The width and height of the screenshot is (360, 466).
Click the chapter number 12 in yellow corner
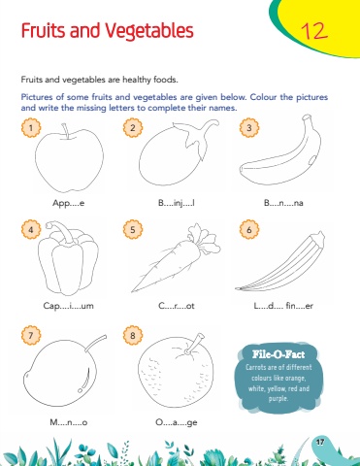[x=314, y=31]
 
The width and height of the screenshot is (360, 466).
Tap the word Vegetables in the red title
[x=149, y=31]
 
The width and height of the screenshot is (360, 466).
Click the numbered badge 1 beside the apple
[x=31, y=127]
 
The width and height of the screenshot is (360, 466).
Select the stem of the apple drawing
[x=66, y=131]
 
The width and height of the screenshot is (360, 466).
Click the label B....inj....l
[x=177, y=203]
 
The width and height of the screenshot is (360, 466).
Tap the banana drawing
[x=280, y=152]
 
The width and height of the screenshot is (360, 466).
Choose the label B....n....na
[x=283, y=203]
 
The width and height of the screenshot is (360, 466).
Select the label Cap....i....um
[x=68, y=306]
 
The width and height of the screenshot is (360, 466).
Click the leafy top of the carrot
[x=203, y=239]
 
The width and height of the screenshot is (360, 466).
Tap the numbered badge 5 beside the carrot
[x=133, y=229]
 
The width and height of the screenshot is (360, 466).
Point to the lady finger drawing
[x=280, y=261]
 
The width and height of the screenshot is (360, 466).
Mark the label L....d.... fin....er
[x=283, y=306]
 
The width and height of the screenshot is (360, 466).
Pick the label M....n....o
[x=69, y=422]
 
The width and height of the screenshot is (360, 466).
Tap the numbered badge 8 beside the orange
[x=133, y=335]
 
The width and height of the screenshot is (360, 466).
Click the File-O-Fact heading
[x=278, y=354]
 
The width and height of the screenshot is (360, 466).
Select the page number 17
[x=320, y=442]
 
